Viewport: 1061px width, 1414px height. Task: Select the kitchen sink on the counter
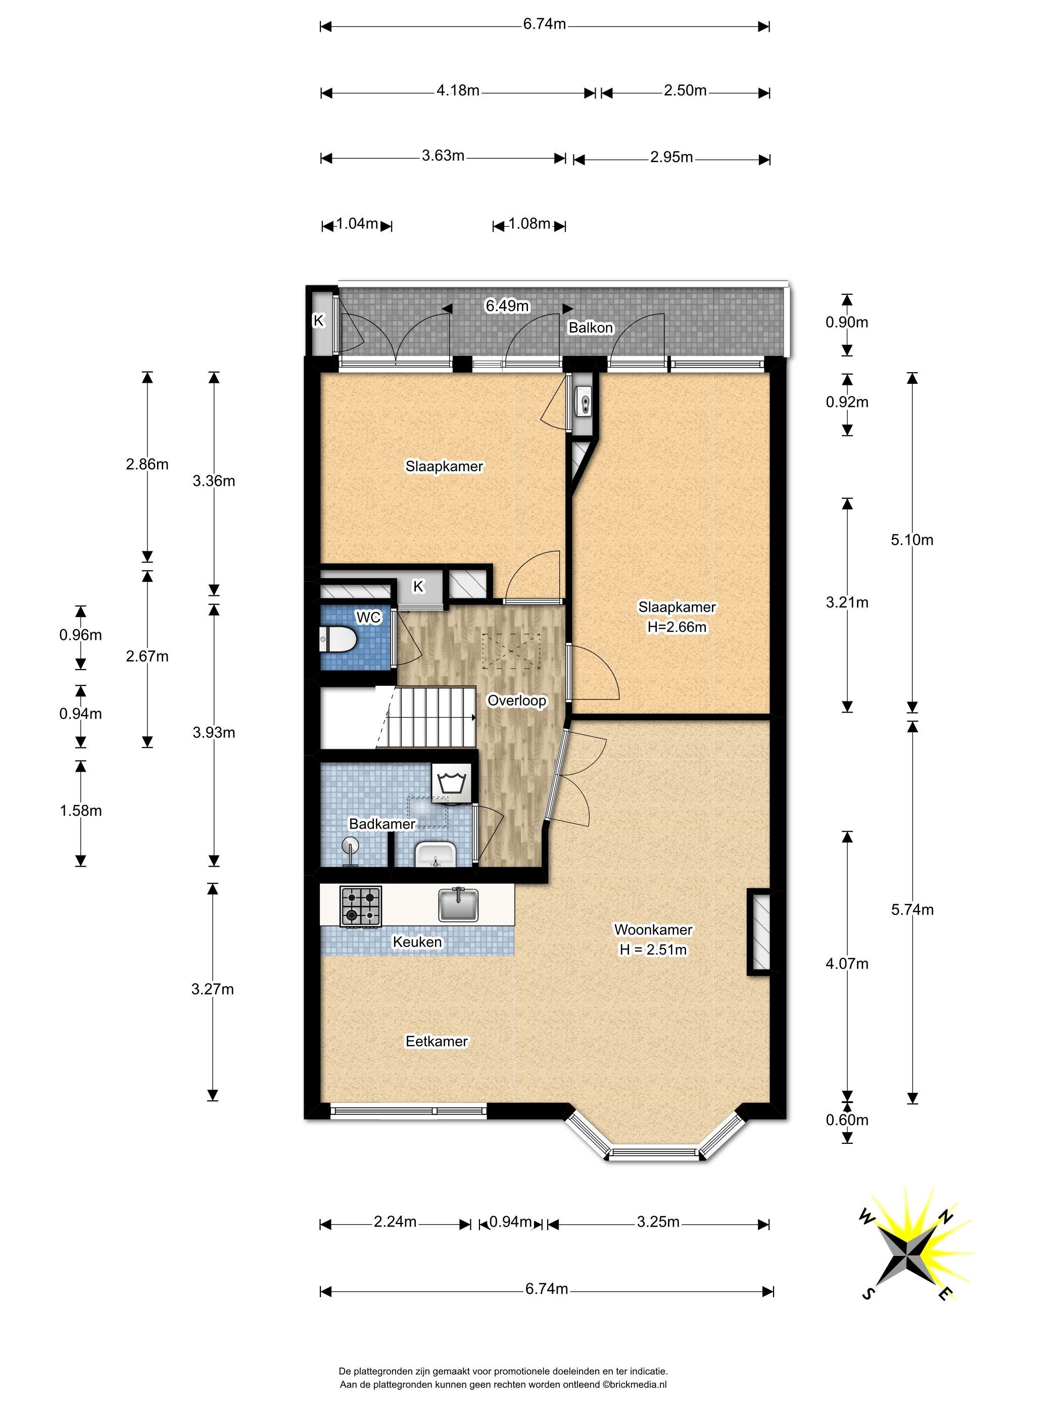[458, 904]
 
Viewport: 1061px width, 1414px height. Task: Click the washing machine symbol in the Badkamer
[452, 781]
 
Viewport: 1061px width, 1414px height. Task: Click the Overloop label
[517, 700]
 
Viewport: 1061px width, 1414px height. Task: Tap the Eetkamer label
[437, 1041]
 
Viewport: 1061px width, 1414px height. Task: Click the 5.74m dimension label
[912, 909]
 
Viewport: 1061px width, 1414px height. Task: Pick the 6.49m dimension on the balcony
[507, 306]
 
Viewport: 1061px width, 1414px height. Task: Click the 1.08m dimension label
[529, 224]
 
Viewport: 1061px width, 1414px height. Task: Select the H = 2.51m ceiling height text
[653, 950]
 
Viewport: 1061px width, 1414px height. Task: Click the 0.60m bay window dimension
[847, 1119]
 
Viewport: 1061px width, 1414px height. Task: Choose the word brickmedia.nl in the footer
[638, 1385]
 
